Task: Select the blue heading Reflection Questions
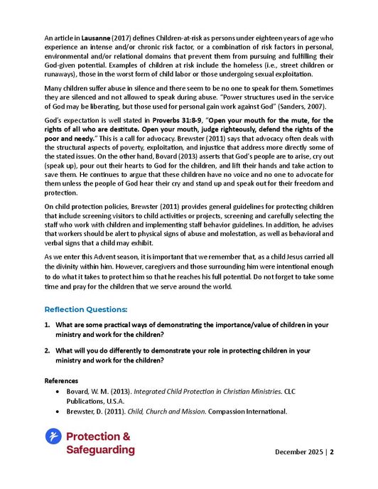[86, 310]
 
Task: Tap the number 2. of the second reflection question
[46, 350]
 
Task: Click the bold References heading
[62, 381]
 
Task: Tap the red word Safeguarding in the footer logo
[99, 449]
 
